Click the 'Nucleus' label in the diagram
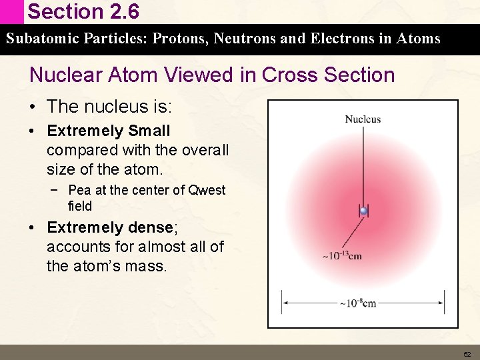tap(363, 119)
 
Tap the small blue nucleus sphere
tap(363, 211)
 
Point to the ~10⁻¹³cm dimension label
tap(342, 256)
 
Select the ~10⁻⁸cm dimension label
tap(358, 303)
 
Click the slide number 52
tap(467, 354)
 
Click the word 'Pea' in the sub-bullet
tap(79, 190)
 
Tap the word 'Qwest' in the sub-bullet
tap(207, 190)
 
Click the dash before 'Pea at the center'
tap(53, 190)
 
